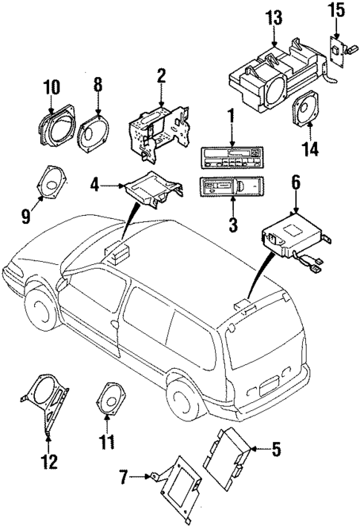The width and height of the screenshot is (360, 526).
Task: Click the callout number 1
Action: click(231, 116)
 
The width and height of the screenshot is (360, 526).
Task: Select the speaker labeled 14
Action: click(305, 114)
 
